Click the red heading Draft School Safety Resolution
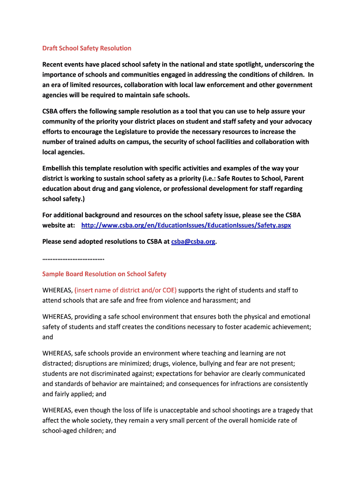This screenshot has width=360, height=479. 86,48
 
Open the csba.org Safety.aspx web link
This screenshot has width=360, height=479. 186,225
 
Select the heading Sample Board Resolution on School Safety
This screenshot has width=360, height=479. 104,274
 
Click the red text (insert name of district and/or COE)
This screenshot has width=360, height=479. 126,290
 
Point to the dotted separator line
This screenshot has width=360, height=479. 73,258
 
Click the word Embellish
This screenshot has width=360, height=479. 58,168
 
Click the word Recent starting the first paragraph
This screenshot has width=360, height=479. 53,65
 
